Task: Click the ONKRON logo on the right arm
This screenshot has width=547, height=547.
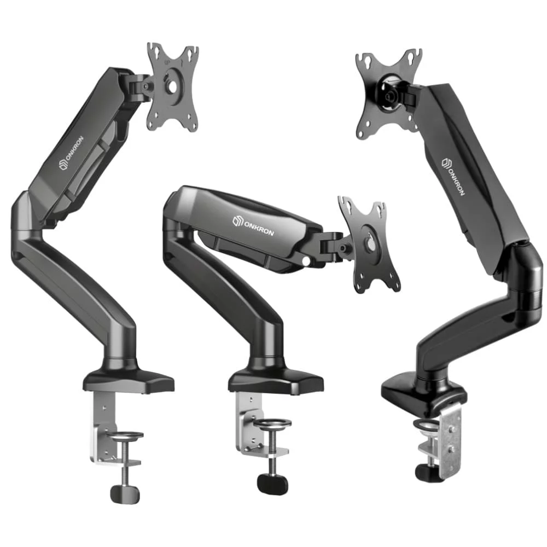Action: click(x=453, y=177)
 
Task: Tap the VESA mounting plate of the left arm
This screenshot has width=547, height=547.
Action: click(x=173, y=87)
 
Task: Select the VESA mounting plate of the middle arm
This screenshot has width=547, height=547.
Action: click(x=369, y=244)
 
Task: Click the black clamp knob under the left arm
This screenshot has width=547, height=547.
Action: click(x=125, y=494)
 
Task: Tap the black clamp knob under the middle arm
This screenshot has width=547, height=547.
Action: click(x=272, y=484)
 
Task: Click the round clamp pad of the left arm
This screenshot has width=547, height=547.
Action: click(x=126, y=435)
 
